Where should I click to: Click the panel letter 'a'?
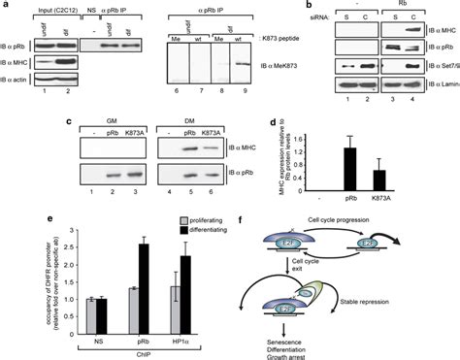(5, 6)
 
